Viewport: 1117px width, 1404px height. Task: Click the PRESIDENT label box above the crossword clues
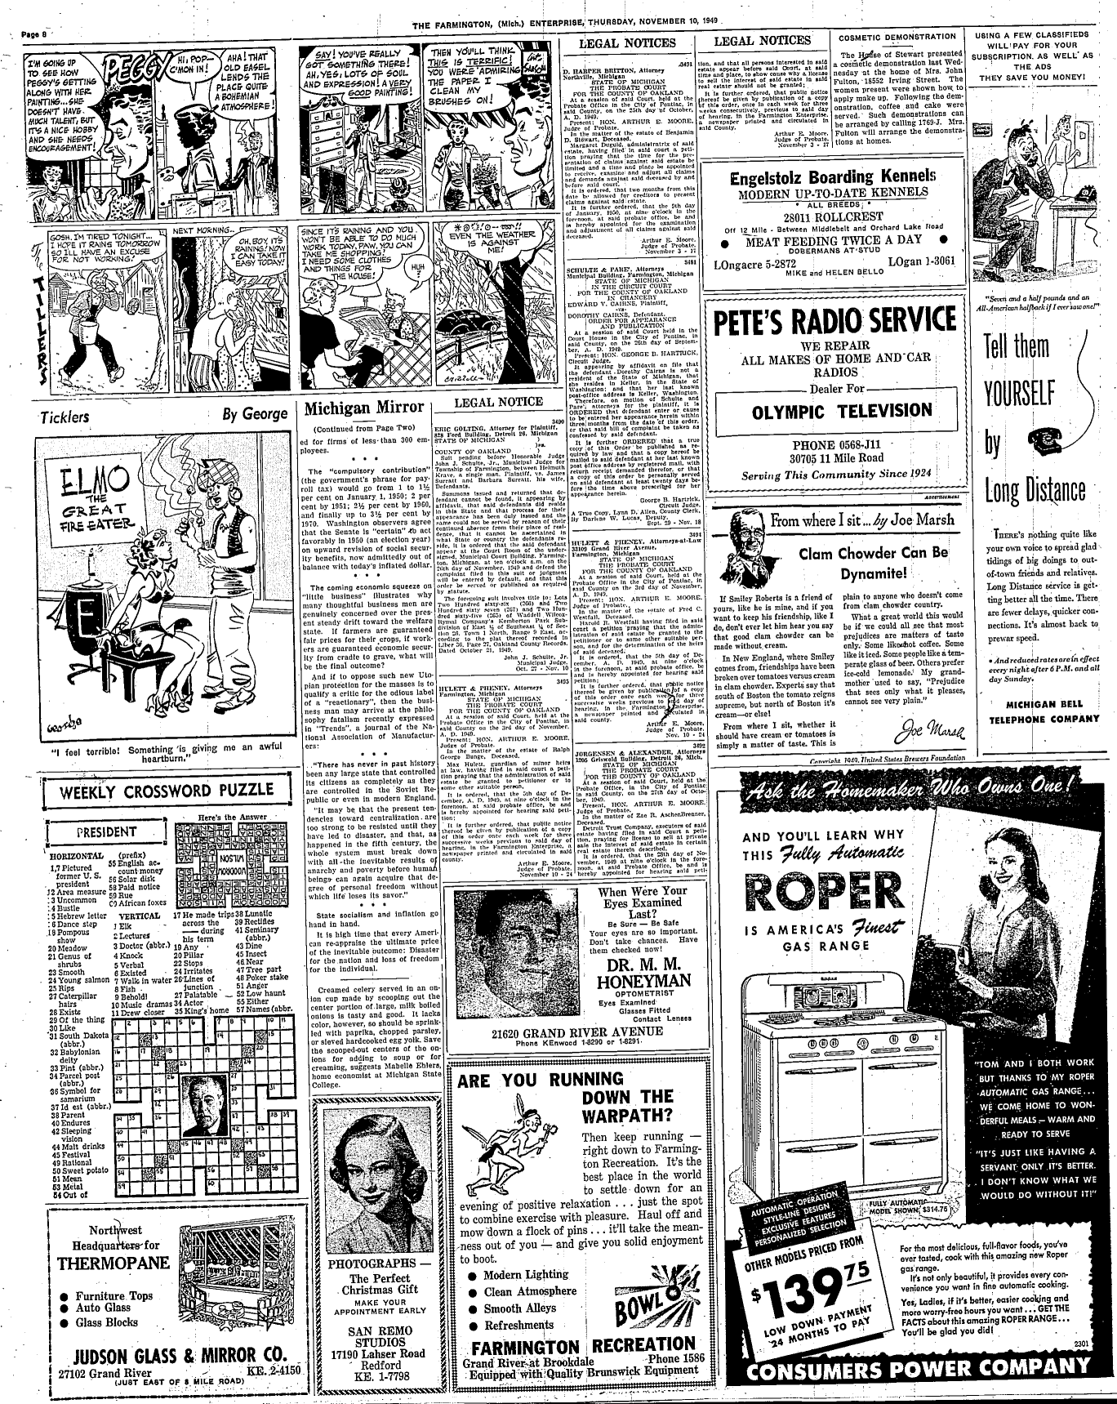pos(105,832)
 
